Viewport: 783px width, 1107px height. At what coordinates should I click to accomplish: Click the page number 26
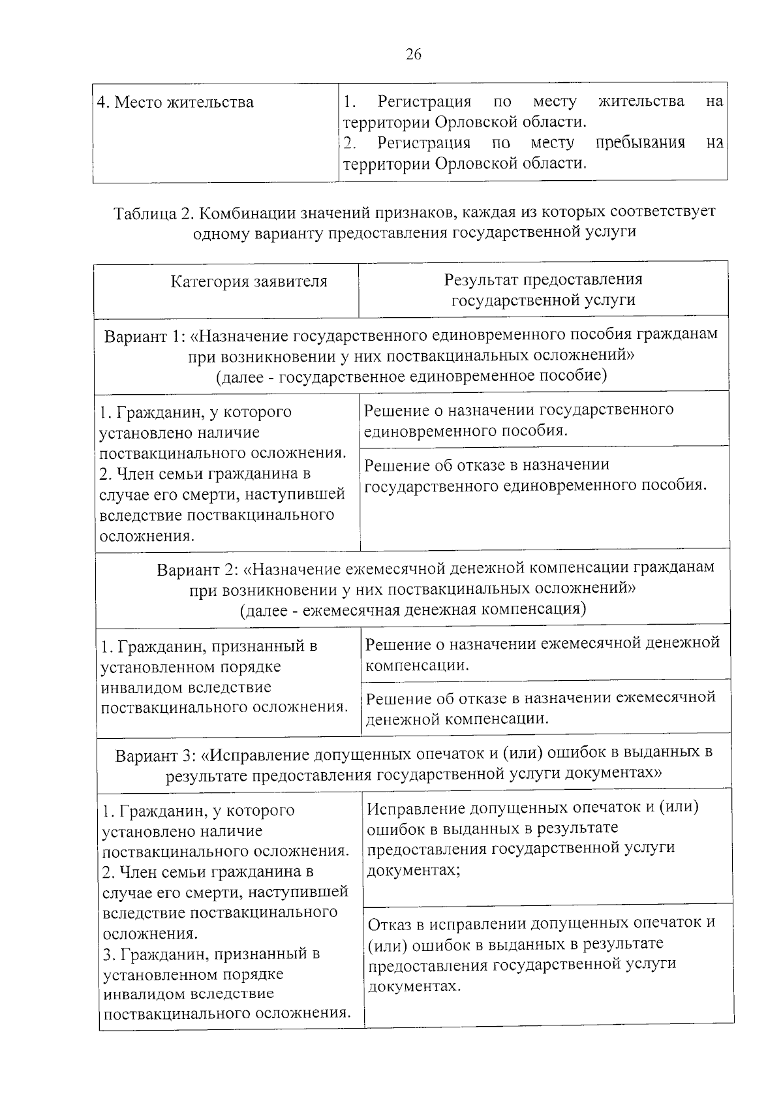coord(414,54)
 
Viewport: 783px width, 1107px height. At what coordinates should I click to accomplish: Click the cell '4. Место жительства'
coord(176,103)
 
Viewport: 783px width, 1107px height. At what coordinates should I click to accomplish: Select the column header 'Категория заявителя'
coord(249,282)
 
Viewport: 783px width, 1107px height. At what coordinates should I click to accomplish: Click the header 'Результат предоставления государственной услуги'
coord(543,290)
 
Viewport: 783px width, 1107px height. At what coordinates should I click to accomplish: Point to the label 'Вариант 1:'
coord(145,336)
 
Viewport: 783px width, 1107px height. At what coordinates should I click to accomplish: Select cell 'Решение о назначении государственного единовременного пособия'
coord(519,420)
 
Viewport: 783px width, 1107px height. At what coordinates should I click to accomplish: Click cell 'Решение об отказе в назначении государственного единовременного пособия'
coord(535,475)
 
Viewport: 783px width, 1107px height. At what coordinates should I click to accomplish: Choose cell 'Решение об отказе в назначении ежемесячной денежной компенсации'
coord(540,708)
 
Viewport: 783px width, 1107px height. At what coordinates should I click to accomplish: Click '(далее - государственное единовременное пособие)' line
coord(411,376)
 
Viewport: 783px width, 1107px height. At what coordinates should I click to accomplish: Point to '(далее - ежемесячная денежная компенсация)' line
coord(412,610)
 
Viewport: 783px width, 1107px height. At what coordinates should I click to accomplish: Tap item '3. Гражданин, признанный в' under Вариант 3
coord(211,954)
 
